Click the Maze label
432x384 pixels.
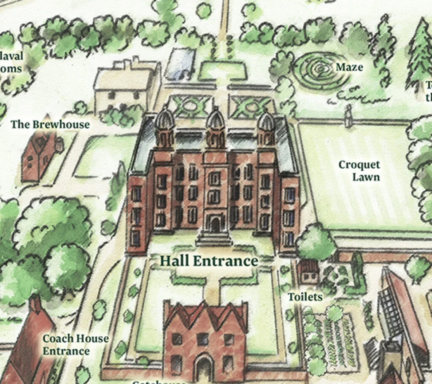[x=349, y=67]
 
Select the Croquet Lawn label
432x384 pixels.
[x=359, y=170]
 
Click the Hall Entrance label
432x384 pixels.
[x=208, y=261]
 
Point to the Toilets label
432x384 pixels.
[x=305, y=297]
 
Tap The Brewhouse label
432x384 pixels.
[x=50, y=124]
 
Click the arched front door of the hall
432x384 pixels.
[x=215, y=225]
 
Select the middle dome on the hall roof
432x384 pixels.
[x=215, y=120]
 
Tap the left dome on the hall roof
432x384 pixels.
[x=165, y=120]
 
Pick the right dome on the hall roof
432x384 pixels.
[x=266, y=121]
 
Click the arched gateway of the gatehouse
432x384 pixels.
[x=204, y=367]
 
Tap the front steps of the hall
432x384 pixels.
[x=215, y=239]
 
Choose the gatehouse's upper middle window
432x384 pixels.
[x=203, y=338]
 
